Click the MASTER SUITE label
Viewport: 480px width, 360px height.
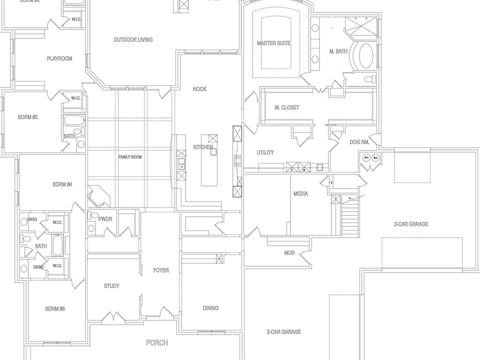(x=273, y=43)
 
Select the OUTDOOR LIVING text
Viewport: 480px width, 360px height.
(x=133, y=39)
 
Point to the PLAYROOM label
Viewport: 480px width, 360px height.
(x=59, y=58)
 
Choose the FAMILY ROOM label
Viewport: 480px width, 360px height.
(x=130, y=157)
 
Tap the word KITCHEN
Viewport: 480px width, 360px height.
(x=203, y=147)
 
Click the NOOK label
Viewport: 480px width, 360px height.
(x=200, y=89)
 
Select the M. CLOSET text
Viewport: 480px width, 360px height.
(x=287, y=107)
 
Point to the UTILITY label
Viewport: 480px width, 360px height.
(x=265, y=152)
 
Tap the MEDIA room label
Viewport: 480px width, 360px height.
(x=300, y=193)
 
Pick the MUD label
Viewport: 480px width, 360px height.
(x=289, y=253)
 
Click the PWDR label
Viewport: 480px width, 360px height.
(x=105, y=218)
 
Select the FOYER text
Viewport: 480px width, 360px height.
(x=161, y=270)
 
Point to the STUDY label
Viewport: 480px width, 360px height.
(x=111, y=286)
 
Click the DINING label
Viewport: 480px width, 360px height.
(x=210, y=308)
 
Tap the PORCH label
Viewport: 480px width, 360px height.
(x=156, y=343)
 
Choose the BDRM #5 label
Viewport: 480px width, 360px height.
(x=55, y=308)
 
